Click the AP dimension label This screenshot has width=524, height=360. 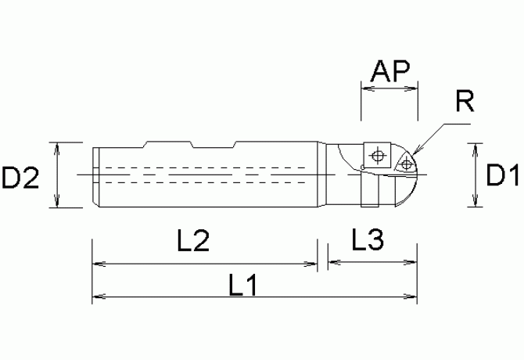pos(389,72)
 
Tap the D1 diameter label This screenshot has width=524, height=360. pos(502,176)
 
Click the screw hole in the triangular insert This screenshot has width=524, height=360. pos(407,163)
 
